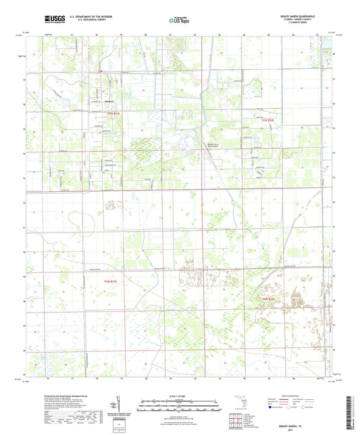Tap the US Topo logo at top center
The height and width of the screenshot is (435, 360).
pyautogui.click(x=180, y=21)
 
